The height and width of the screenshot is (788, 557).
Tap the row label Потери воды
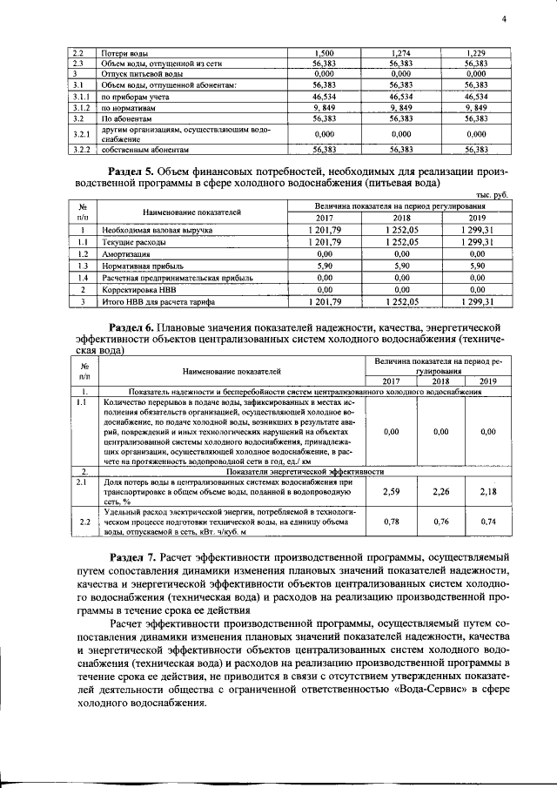point(122,53)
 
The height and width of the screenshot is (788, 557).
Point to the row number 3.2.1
point(82,133)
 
